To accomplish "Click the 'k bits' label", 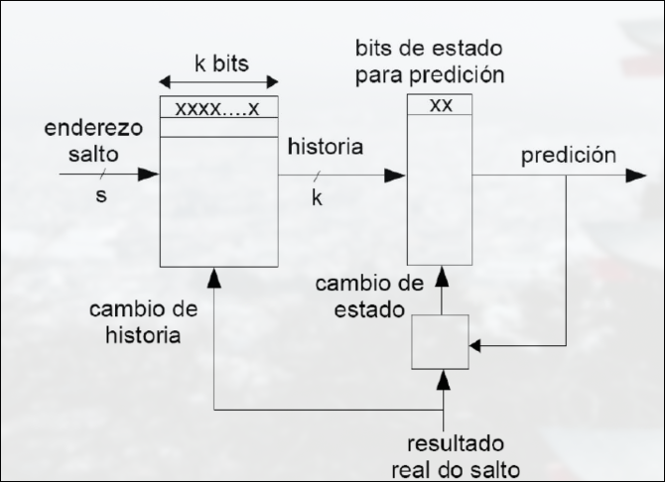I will point(219,61).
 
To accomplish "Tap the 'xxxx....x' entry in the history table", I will point(218,107).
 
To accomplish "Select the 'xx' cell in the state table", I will point(440,104).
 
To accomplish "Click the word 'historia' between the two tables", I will point(326,147).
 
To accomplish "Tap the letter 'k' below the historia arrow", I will point(318,197).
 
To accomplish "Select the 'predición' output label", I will point(569,155).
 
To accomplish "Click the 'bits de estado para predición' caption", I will point(430,60).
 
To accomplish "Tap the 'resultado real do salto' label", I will point(463,455).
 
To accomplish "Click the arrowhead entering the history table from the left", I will point(150,175).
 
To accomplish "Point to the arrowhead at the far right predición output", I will point(634,176).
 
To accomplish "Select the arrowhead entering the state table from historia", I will point(397,176).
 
